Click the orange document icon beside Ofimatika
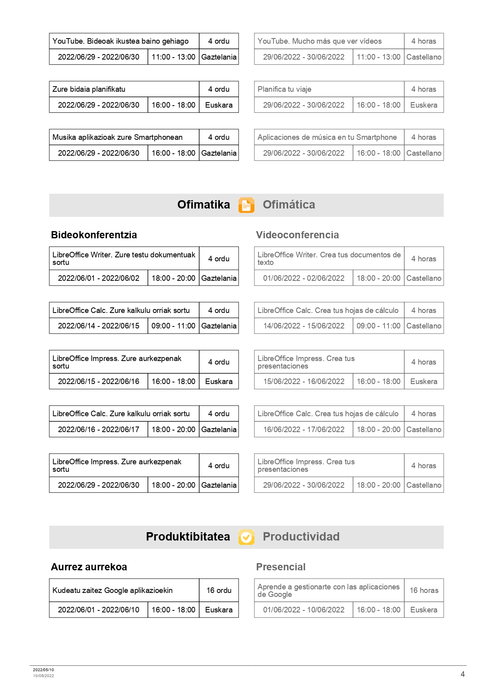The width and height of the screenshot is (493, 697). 246,205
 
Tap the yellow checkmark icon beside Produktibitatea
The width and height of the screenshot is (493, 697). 246,537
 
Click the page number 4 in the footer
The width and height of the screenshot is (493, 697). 462,674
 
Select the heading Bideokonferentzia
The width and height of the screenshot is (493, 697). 94,235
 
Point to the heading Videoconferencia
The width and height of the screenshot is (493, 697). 297,235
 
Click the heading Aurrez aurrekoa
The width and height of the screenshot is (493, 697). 89,567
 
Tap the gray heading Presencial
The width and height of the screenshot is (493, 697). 281,567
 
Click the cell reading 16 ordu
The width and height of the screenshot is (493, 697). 219,590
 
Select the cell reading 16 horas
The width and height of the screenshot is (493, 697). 424,590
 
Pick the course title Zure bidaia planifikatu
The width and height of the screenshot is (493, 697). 89,89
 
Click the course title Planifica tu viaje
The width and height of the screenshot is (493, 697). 284,89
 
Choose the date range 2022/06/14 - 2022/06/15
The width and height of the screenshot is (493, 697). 99,326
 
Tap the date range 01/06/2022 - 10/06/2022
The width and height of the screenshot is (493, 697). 304,610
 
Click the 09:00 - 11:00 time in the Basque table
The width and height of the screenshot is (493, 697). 173,326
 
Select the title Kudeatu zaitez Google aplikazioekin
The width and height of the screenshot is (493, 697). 113,590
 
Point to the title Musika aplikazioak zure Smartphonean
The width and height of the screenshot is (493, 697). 117,137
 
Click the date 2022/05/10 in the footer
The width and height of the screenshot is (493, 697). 43,670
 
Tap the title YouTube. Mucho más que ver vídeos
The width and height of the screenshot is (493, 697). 319,41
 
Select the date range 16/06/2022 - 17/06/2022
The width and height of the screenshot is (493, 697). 304,429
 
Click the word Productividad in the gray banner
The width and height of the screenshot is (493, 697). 301,537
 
